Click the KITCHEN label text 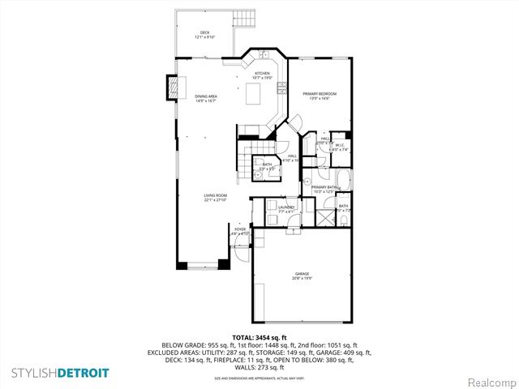click(262, 73)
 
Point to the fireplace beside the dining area click(172, 86)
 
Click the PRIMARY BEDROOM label click(320, 94)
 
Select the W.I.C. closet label click(341, 147)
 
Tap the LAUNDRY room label click(286, 207)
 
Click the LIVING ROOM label click(215, 195)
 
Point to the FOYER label click(240, 229)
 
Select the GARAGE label click(302, 275)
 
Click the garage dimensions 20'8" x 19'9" click(302, 280)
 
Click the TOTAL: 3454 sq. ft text click(259, 336)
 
